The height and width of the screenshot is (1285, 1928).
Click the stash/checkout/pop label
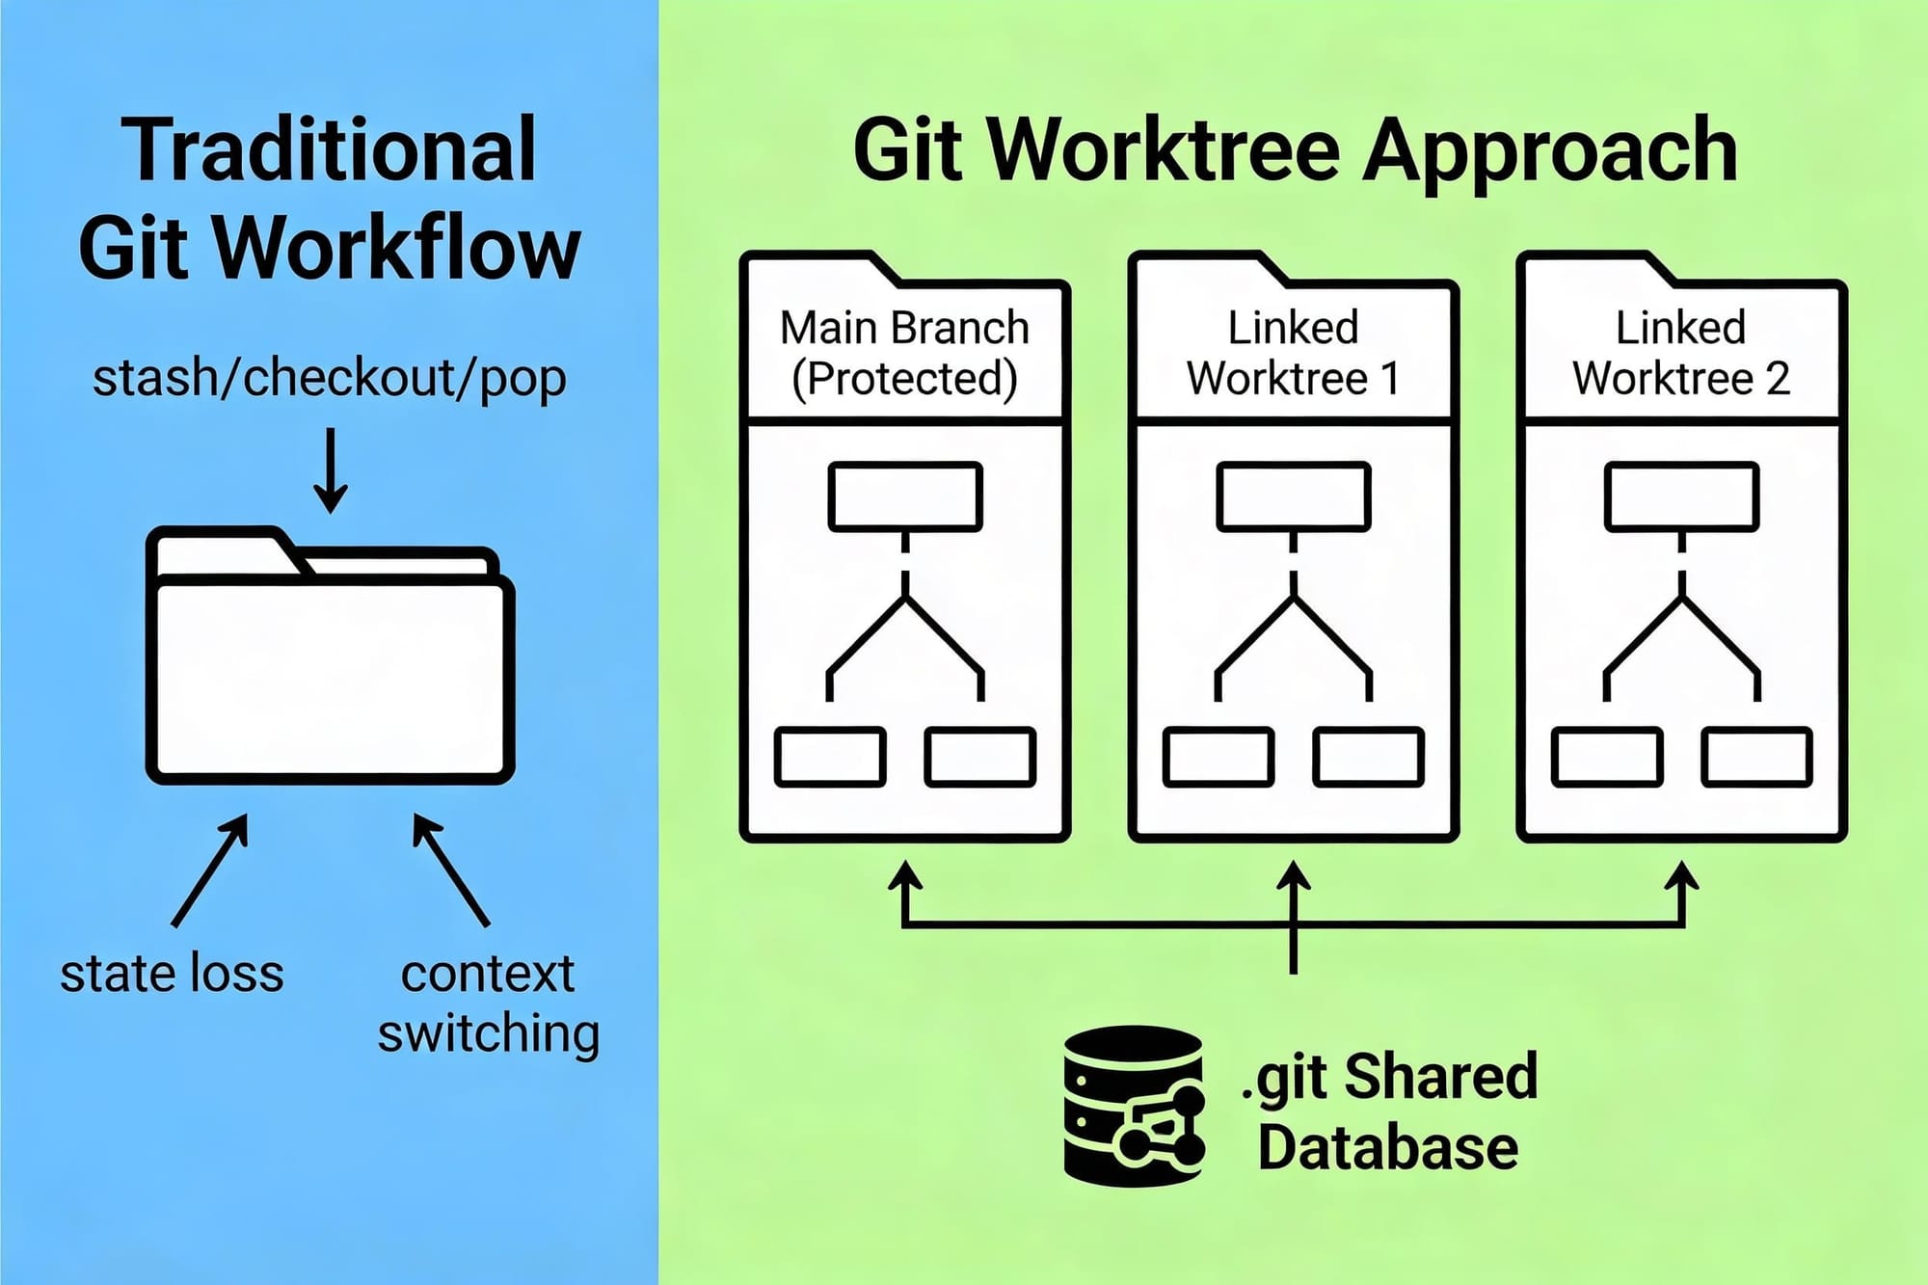[x=329, y=378]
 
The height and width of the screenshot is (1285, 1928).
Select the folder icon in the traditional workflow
[x=330, y=656]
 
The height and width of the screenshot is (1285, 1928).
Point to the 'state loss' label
[x=172, y=974]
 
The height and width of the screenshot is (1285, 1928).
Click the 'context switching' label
[x=488, y=1004]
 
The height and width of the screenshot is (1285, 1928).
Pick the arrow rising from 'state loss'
[x=211, y=870]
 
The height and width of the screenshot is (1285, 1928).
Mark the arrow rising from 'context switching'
[x=450, y=870]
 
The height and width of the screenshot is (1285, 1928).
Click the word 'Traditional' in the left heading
[x=329, y=150]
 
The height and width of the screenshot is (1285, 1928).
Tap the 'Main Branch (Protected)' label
[x=904, y=353]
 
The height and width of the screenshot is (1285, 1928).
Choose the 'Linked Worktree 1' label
[x=1293, y=353]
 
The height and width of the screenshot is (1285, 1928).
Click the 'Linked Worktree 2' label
[x=1681, y=353]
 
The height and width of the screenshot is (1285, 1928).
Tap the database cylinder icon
[x=1134, y=1106]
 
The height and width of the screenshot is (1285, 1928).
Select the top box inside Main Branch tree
[x=905, y=496]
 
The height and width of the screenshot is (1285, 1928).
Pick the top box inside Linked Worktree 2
[x=1681, y=496]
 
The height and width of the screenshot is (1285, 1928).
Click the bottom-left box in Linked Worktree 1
[x=1218, y=757]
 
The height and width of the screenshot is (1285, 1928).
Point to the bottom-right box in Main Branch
[x=980, y=757]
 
